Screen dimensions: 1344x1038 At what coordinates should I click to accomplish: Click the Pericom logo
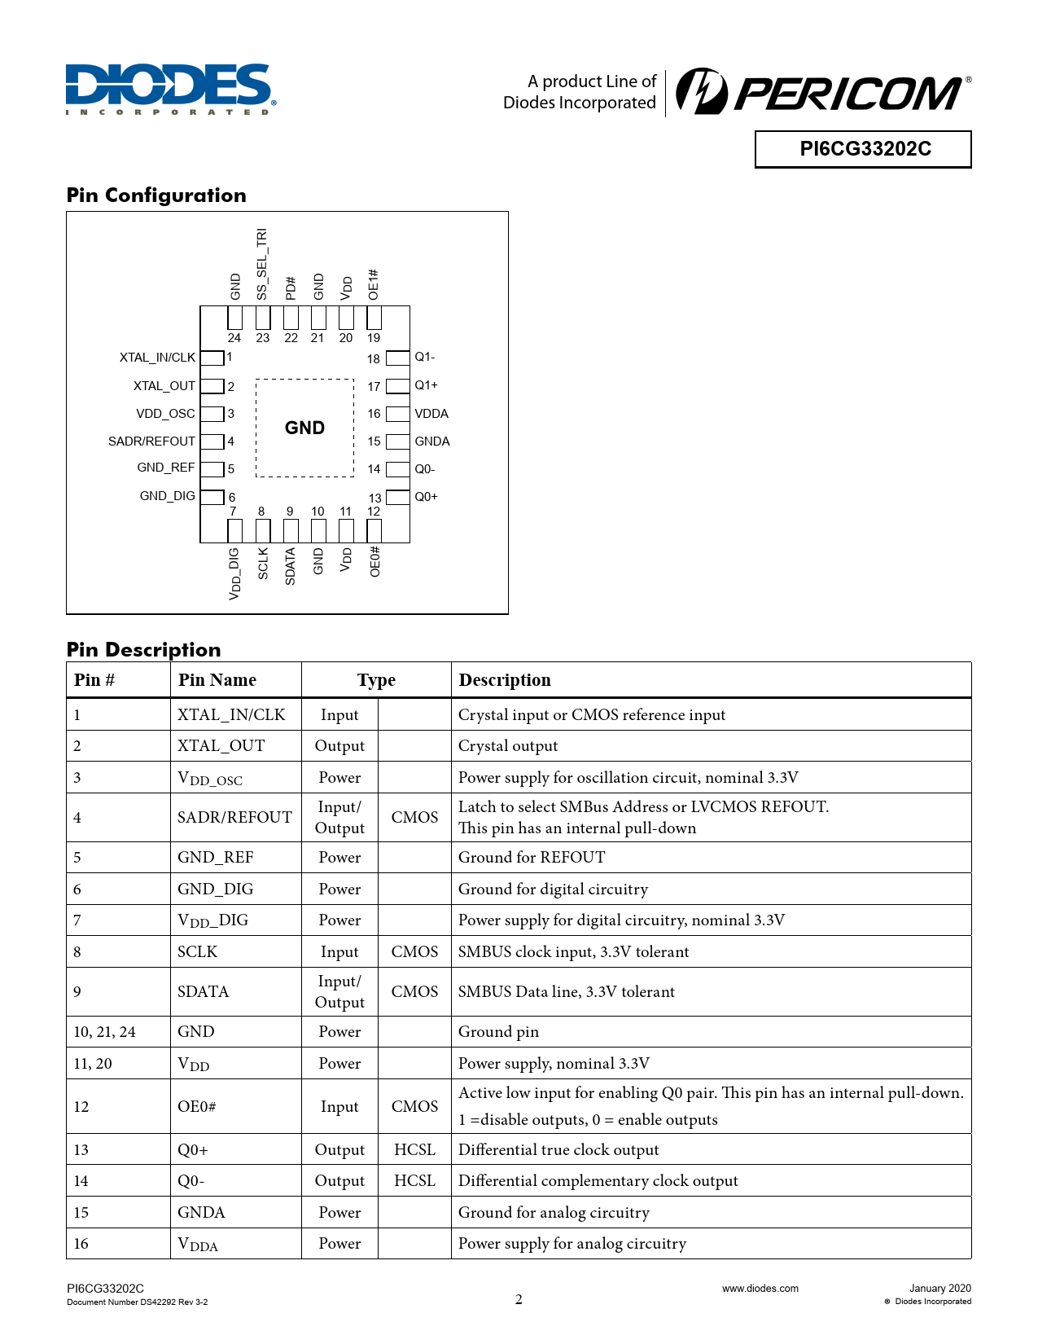822,92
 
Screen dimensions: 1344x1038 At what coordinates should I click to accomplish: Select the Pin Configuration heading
156,195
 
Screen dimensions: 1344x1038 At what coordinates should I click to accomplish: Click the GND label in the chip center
304,428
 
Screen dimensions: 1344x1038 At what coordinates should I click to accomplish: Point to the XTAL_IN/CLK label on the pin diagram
157,358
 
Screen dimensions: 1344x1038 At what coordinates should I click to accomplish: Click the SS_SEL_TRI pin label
262,264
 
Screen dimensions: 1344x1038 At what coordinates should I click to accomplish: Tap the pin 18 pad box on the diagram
397,358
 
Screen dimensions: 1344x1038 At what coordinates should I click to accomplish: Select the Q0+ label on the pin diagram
426,497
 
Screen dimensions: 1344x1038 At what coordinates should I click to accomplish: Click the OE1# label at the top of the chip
374,284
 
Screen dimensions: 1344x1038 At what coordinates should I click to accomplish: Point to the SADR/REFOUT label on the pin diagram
151,441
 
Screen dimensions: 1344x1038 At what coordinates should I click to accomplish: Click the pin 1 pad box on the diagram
212,358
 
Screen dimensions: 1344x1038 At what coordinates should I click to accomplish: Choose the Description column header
505,680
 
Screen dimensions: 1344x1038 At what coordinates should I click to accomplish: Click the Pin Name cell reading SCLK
198,951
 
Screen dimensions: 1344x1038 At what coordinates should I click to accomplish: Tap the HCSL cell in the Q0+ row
414,1149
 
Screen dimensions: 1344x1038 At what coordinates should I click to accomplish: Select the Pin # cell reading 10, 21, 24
104,1031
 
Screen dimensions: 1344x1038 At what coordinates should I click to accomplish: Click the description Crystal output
508,745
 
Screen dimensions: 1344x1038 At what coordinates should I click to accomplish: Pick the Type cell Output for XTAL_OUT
339,745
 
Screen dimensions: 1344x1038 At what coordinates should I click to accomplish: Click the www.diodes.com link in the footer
760,1288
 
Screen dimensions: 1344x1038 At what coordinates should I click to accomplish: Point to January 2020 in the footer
939,1288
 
